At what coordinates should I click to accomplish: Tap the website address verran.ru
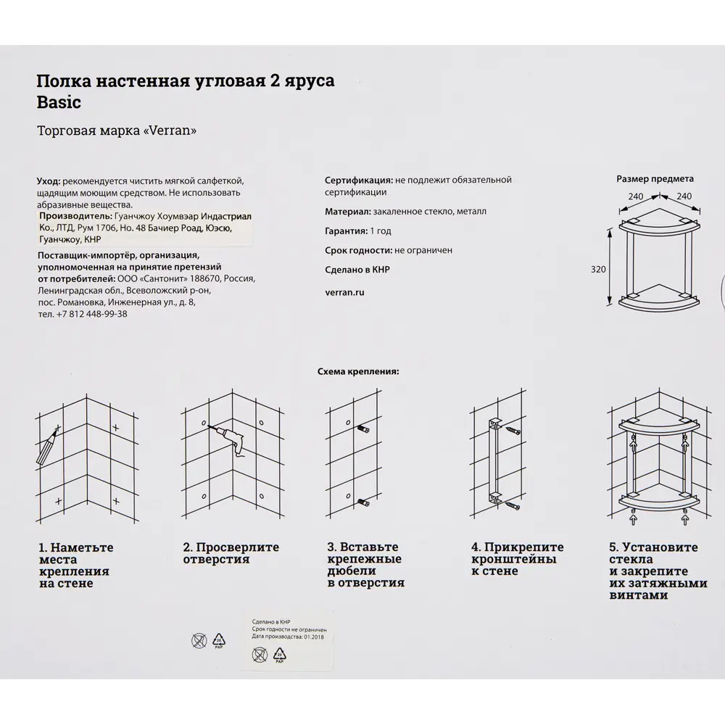344,292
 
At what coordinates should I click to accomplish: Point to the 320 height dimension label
598,269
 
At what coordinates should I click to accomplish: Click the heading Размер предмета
655,178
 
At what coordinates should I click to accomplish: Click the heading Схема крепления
358,371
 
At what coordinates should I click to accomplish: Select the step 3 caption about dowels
365,565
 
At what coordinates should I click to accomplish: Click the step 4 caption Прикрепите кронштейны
517,559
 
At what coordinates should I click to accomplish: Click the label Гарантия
346,231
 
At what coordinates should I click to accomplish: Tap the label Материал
347,212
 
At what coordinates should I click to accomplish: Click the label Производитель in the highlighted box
75,216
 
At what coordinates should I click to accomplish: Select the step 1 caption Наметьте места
75,565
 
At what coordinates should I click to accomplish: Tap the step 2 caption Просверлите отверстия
231,553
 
